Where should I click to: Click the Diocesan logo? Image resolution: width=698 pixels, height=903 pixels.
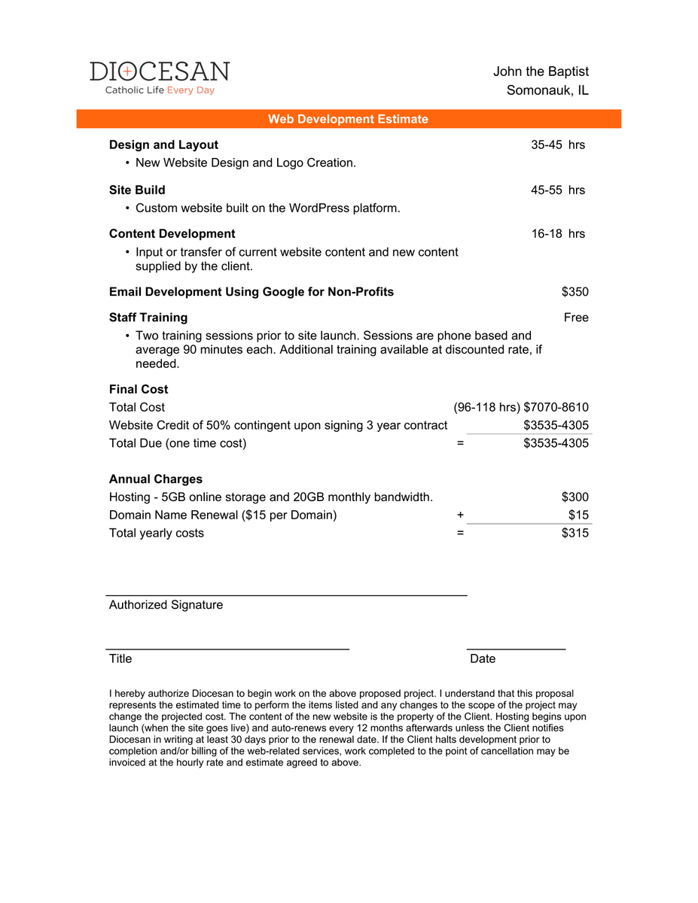160,78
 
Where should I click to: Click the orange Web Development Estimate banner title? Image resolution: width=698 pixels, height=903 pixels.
348,119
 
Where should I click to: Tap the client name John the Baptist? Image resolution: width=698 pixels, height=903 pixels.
541,71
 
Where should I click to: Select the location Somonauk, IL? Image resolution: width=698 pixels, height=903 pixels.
547,90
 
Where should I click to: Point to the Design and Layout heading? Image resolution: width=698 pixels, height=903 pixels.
163,144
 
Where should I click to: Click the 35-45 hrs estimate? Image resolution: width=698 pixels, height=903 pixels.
557,144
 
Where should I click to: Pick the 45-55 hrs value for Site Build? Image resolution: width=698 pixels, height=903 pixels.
557,190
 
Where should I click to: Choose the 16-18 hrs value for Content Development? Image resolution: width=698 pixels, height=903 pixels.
557,233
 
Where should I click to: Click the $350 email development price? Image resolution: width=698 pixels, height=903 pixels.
575,291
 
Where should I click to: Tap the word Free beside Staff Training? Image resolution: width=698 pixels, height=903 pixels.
575,318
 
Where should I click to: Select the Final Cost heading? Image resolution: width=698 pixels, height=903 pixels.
139,389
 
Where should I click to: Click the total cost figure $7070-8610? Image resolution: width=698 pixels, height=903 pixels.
556,407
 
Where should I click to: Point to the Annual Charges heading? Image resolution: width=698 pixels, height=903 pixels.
155,479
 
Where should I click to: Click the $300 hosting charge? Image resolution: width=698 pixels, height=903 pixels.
575,497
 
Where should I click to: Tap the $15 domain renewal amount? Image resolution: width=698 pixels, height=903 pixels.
578,515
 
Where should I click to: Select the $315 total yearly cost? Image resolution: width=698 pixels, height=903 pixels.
575,533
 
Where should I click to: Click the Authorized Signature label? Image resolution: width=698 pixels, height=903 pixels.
166,604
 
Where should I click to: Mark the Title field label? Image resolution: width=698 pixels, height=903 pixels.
120,658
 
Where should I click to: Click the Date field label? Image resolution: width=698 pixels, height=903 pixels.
483,658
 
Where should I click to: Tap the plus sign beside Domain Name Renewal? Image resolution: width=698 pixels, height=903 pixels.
460,515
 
